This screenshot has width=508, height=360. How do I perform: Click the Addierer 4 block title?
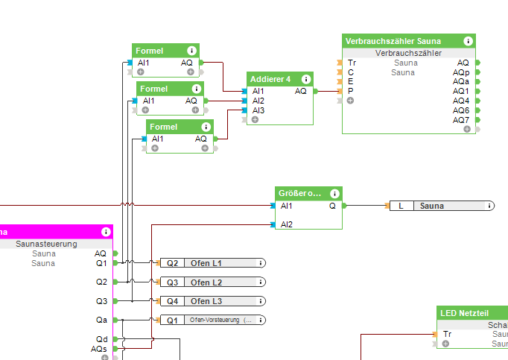[x=270, y=79]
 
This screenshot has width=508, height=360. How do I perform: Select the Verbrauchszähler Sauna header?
[x=393, y=41]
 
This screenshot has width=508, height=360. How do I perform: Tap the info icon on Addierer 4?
[x=306, y=79]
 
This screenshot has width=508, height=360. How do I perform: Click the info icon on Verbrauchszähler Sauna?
[x=468, y=41]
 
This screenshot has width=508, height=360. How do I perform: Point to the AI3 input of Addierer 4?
[x=258, y=110]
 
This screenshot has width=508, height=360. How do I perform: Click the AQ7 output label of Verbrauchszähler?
[x=461, y=119]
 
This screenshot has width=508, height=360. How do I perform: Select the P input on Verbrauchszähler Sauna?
[x=350, y=91]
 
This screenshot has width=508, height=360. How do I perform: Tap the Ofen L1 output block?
[x=212, y=263]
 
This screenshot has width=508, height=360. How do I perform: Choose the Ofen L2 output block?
[x=212, y=282]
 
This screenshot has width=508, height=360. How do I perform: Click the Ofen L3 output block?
[x=212, y=301]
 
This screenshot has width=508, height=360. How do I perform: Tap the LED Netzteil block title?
[x=463, y=313]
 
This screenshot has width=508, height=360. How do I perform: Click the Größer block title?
[x=299, y=193]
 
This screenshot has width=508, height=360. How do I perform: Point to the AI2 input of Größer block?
[x=286, y=224]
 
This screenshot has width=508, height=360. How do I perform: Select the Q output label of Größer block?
[x=332, y=206]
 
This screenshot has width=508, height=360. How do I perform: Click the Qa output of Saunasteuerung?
[x=101, y=320]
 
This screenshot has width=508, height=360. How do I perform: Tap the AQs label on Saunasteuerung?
[x=99, y=349]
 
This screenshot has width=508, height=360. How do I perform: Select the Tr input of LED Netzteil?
[x=447, y=335]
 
